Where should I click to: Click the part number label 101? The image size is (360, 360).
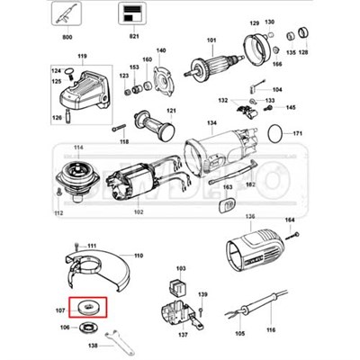[x=212, y=40]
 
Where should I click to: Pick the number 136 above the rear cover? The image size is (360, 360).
[x=250, y=216]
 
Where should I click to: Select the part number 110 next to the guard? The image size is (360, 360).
[x=139, y=256]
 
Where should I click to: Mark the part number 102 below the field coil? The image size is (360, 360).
[x=138, y=212]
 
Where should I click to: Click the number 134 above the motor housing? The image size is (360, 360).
[x=211, y=122]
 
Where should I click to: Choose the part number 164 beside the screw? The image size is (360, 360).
[x=290, y=220]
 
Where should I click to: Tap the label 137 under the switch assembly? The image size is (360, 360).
[x=184, y=334]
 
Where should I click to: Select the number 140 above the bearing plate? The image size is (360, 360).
[x=162, y=50]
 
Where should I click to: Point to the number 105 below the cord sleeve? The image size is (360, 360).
[x=239, y=333]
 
